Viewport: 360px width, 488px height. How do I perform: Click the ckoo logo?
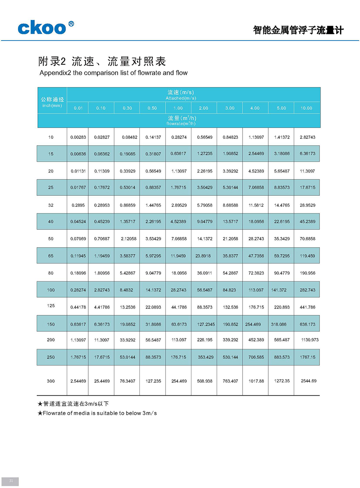42,28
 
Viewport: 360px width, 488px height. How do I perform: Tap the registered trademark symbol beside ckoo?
71,24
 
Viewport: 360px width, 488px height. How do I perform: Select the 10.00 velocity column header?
306,108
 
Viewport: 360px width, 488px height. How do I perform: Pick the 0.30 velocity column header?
127,108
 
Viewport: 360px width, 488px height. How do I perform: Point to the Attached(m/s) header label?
181,98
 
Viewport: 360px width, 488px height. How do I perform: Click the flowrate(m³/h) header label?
181,123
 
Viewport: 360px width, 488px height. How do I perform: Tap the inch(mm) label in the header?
52,106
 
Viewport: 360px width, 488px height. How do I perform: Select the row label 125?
51,306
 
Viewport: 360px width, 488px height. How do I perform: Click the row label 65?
51,256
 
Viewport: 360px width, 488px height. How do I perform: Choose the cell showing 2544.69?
308,381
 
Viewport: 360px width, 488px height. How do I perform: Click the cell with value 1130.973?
310,340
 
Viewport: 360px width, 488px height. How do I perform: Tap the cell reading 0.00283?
78,137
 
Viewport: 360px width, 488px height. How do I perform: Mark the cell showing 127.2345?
206,324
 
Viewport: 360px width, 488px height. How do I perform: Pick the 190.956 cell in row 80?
307,273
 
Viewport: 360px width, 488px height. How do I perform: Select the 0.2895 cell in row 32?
78,205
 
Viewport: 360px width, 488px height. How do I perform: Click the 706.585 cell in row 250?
256,357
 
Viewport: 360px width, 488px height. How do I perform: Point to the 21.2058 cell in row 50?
230,239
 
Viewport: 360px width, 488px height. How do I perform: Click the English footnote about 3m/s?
97,413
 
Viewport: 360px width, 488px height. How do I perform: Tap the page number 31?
11,481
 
